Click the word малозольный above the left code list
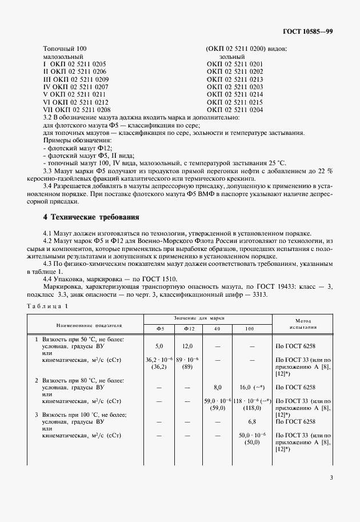pyautogui.click(x=63, y=57)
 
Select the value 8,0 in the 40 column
pyautogui.click(x=217, y=387)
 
